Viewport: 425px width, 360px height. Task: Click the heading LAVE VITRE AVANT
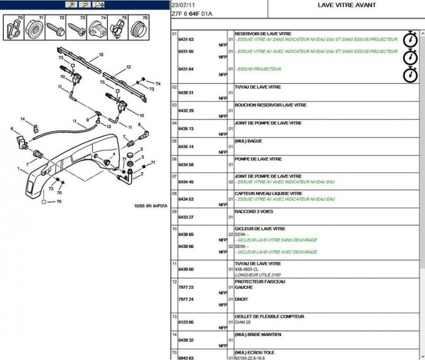[x=346, y=5]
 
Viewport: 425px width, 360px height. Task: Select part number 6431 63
[x=185, y=40]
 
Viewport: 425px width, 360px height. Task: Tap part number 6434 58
[x=185, y=165]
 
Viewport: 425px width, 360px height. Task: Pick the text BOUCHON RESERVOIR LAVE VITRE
[x=270, y=105]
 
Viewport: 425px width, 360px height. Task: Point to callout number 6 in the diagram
[x=12, y=129]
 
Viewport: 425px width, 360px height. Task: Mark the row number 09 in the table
[x=174, y=211]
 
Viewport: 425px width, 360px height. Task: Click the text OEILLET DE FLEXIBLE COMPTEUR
[x=269, y=316]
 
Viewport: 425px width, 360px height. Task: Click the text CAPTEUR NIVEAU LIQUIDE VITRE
[x=268, y=193]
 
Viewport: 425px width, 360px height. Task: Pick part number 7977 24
[x=185, y=299]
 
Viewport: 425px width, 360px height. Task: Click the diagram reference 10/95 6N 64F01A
[x=150, y=206]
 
